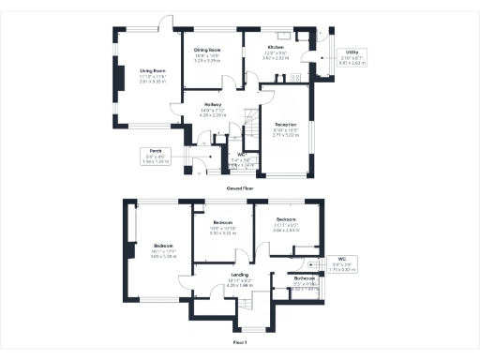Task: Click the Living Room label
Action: [x=154, y=70]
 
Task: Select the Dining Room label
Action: [x=207, y=49]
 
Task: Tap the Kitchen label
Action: [x=276, y=46]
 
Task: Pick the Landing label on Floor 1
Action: [x=239, y=274]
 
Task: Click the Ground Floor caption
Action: [x=240, y=187]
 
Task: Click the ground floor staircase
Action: [x=251, y=123]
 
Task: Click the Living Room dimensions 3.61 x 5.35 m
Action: [x=154, y=82]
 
